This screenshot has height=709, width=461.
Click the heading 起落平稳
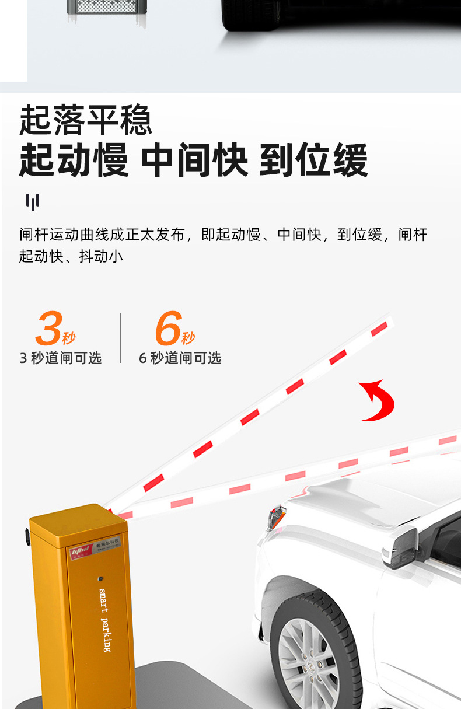86,120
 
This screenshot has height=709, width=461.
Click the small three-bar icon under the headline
33,202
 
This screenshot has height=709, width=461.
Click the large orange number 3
48,329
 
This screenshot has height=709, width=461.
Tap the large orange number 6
168,329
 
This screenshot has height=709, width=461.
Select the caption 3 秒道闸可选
61,358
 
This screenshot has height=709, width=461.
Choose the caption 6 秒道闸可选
180,358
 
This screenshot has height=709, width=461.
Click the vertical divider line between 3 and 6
121,338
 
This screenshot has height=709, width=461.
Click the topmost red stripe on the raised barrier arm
379,329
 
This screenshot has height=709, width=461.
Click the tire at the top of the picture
251,15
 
